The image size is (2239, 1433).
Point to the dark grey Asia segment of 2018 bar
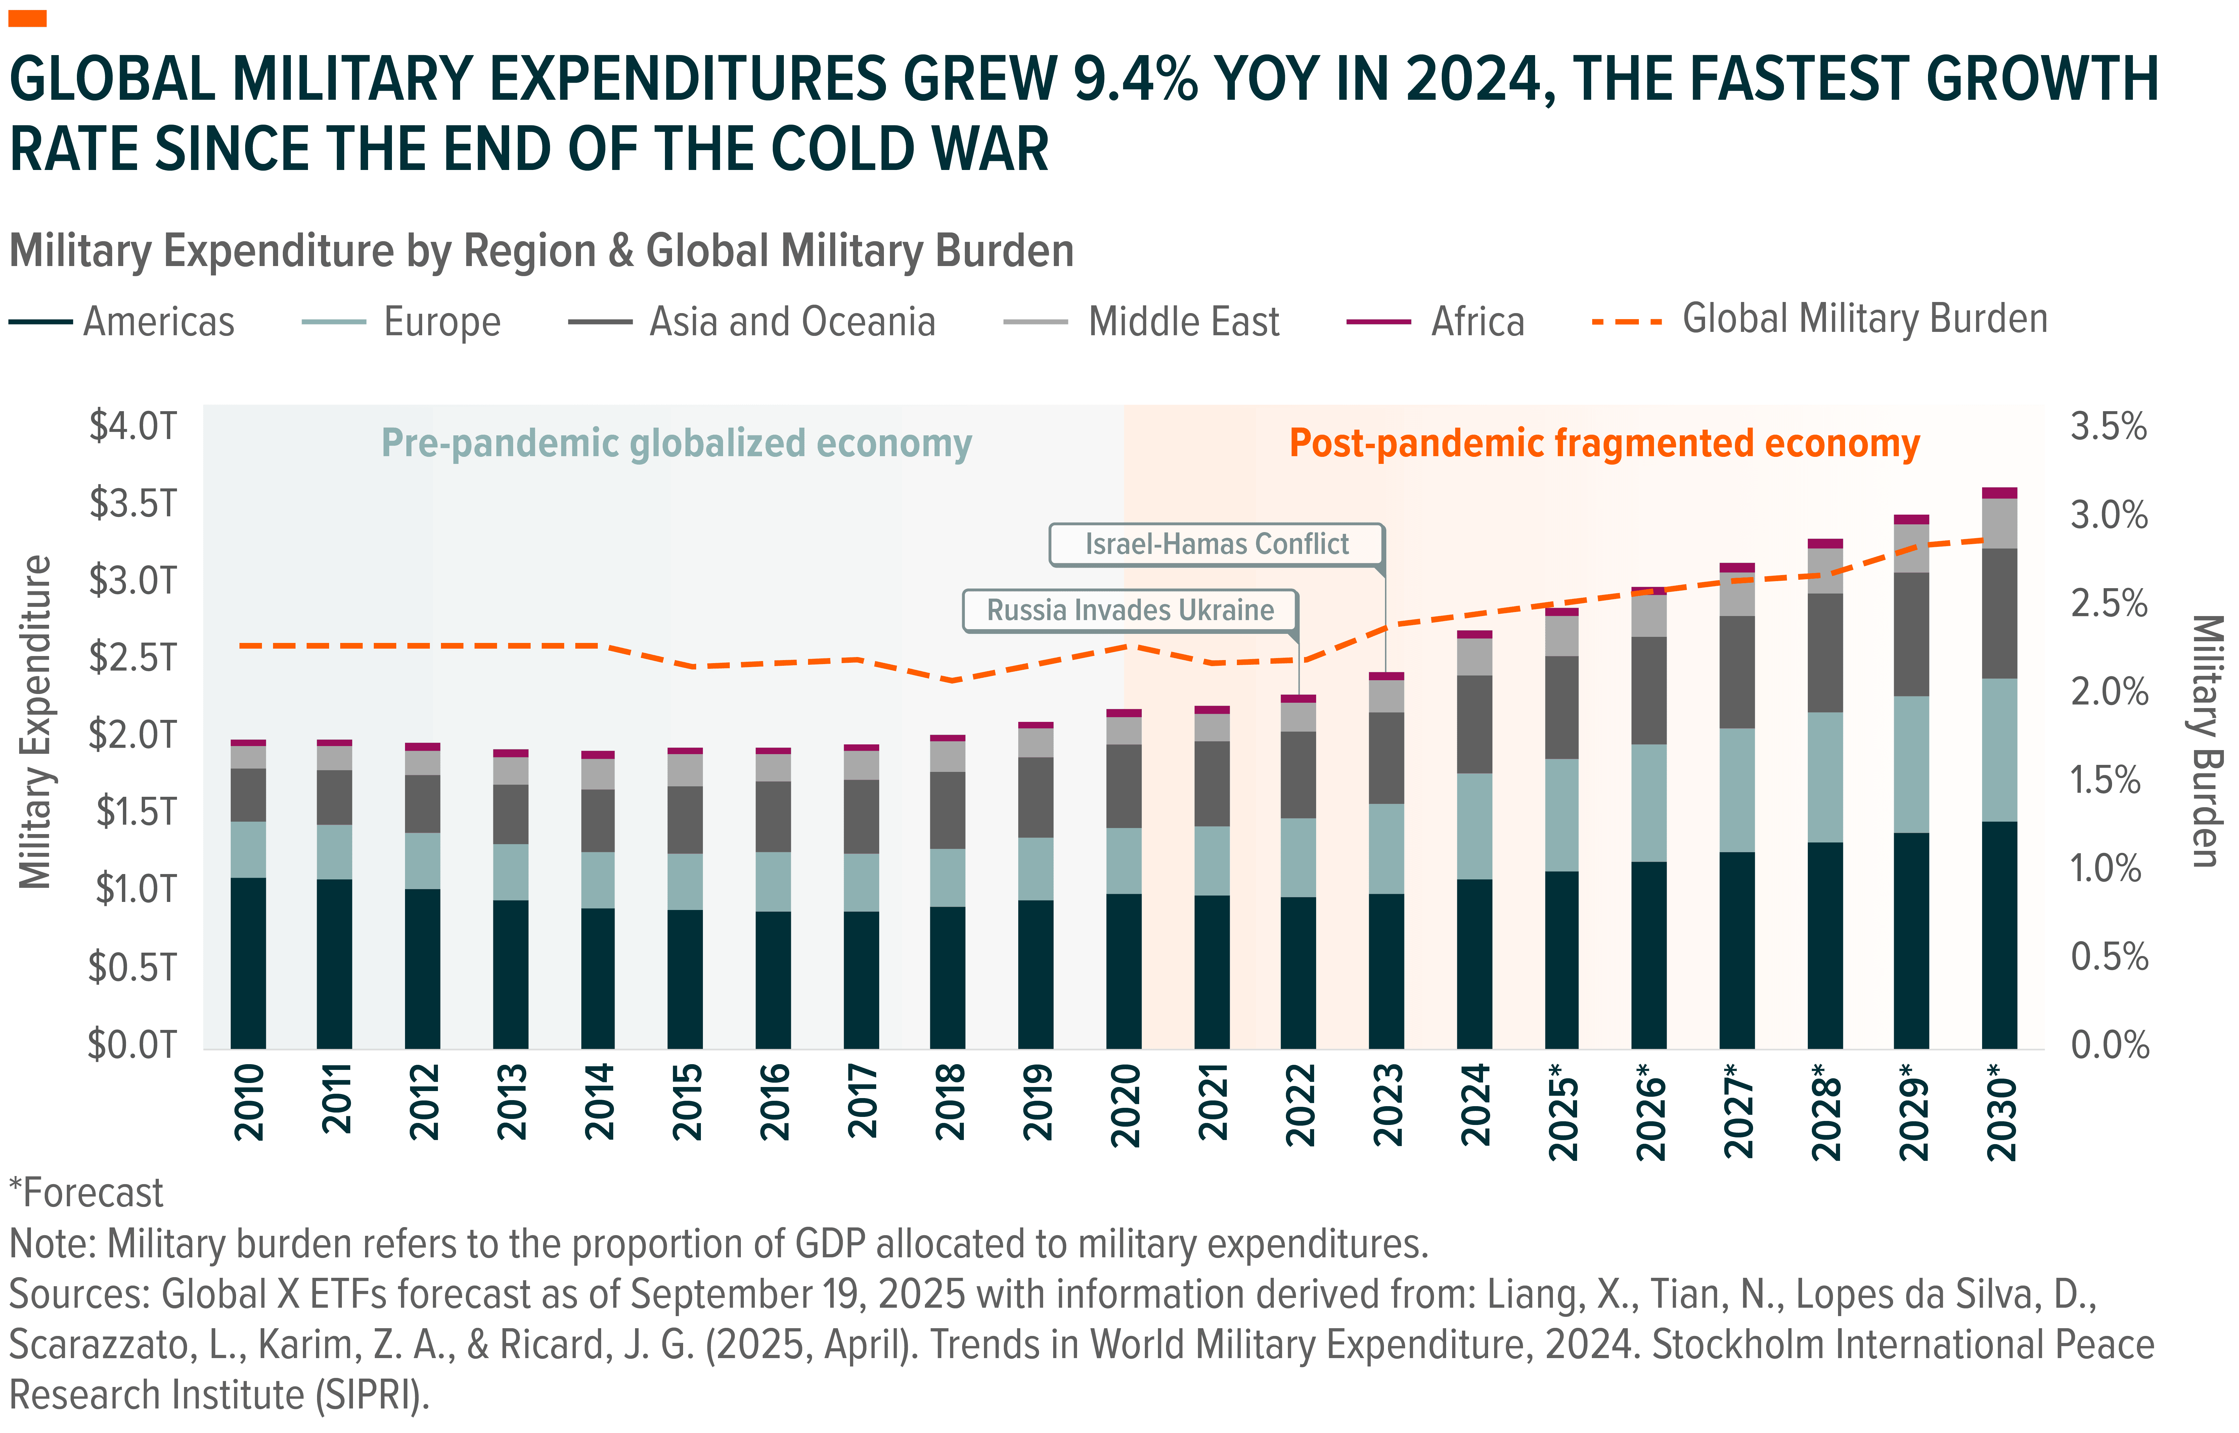[947, 810]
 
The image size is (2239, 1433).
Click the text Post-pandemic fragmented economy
[1604, 444]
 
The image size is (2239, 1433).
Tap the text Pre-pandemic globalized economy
[676, 444]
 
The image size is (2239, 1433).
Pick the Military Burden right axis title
[2207, 740]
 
